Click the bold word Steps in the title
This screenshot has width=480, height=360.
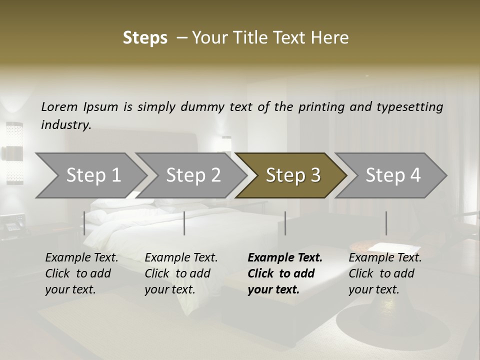[145, 38]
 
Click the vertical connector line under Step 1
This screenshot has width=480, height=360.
[84, 223]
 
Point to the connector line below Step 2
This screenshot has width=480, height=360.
[184, 223]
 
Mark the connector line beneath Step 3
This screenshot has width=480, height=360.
[285, 223]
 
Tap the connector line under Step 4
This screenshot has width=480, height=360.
[386, 223]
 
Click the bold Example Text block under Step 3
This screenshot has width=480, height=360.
[285, 273]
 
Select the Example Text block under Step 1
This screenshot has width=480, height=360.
[81, 273]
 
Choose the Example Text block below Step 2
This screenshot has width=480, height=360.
[181, 273]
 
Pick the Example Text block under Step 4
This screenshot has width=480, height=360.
[385, 273]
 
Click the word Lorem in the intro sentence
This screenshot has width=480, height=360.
[59, 106]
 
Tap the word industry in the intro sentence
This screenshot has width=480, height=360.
[66, 124]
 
